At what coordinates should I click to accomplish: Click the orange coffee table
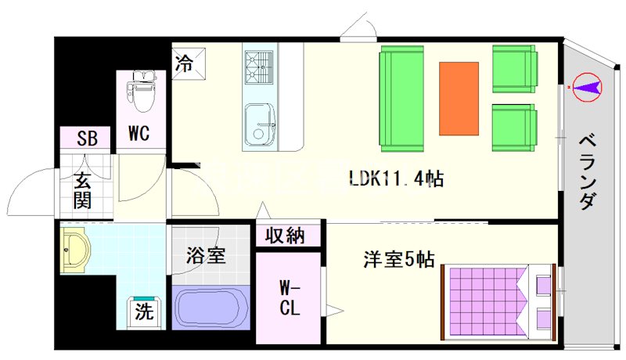(x=459, y=99)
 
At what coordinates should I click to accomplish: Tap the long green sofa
(x=401, y=99)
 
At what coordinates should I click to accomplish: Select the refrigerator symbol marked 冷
(x=189, y=64)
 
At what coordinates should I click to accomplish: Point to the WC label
(x=139, y=133)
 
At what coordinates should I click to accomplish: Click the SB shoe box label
(x=87, y=139)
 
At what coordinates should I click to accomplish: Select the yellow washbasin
(x=75, y=250)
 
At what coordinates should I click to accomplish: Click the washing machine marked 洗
(x=144, y=311)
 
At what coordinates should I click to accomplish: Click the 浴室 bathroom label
(x=206, y=256)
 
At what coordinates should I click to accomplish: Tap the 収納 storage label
(x=285, y=236)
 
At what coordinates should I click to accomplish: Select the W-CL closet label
(x=290, y=297)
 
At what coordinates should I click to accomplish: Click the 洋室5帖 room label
(x=398, y=259)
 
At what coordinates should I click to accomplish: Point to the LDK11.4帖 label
(x=397, y=178)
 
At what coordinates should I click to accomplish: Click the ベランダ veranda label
(x=587, y=172)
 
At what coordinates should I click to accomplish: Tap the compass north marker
(x=587, y=88)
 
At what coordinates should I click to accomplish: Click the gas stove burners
(x=259, y=67)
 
